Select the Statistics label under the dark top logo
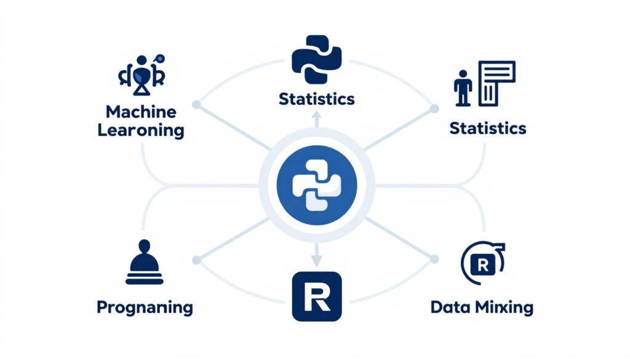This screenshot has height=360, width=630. click(x=316, y=98)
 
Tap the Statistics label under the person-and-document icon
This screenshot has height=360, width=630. click(x=487, y=128)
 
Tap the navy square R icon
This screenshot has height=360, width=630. click(x=314, y=297)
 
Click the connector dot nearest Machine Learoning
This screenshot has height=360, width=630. click(x=196, y=105)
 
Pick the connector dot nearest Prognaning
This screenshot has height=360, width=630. click(x=196, y=261)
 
